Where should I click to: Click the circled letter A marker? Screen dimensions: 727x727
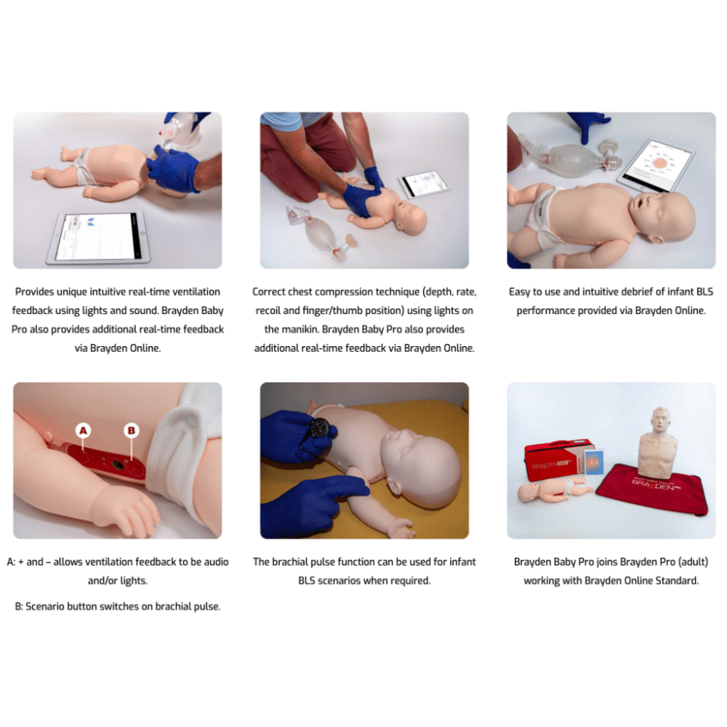(x=83, y=430)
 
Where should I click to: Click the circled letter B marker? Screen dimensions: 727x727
(x=132, y=430)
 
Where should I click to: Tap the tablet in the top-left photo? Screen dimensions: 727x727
(x=99, y=238)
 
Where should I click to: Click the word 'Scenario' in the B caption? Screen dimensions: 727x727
(x=45, y=606)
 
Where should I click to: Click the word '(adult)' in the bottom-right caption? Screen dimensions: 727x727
(x=693, y=562)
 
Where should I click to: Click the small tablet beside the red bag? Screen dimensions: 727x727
(x=594, y=462)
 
